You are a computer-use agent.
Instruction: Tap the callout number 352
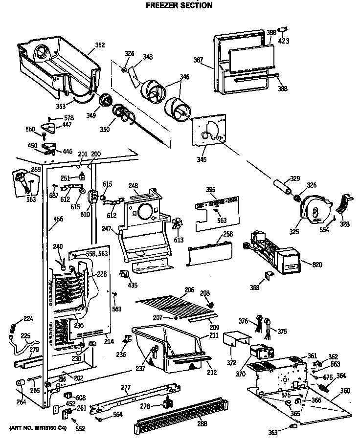pyautogui.click(x=100, y=45)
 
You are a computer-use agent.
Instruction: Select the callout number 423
pyautogui.click(x=283, y=42)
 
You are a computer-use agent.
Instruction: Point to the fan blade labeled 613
pyautogui.click(x=177, y=223)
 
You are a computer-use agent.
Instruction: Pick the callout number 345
pyautogui.click(x=202, y=159)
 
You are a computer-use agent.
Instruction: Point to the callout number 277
pyautogui.click(x=126, y=388)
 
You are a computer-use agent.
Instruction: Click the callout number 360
pyautogui.click(x=345, y=391)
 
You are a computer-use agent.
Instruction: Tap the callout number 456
pyautogui.click(x=58, y=219)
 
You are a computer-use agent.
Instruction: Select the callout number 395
pyautogui.click(x=210, y=189)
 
